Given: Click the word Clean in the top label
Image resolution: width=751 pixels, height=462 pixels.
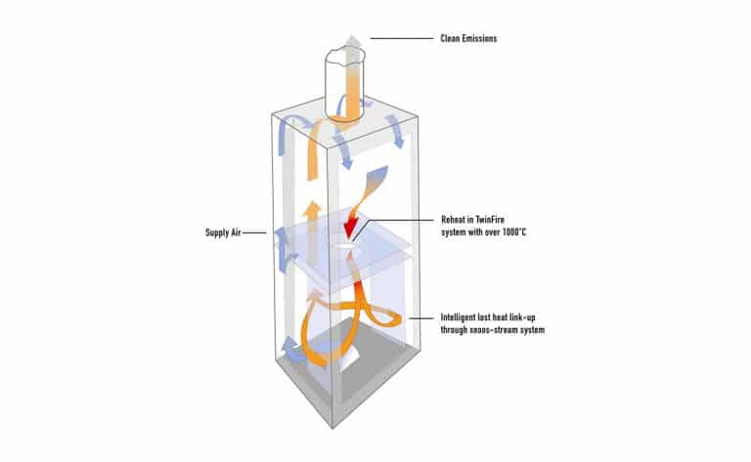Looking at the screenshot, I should pyautogui.click(x=451, y=39).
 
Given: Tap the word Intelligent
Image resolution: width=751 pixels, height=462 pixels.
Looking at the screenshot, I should pyautogui.click(x=462, y=318).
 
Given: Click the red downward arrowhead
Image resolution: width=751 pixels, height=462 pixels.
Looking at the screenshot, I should pyautogui.click(x=351, y=231).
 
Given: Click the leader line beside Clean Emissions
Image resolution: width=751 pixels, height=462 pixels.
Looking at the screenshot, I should pyautogui.click(x=400, y=39).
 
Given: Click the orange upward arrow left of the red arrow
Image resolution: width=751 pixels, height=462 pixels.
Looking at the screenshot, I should pyautogui.click(x=311, y=213).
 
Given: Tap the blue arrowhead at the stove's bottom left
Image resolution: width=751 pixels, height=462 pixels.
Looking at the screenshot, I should pyautogui.click(x=286, y=345).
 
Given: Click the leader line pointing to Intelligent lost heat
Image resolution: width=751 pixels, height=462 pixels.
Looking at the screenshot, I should pyautogui.click(x=422, y=318).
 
